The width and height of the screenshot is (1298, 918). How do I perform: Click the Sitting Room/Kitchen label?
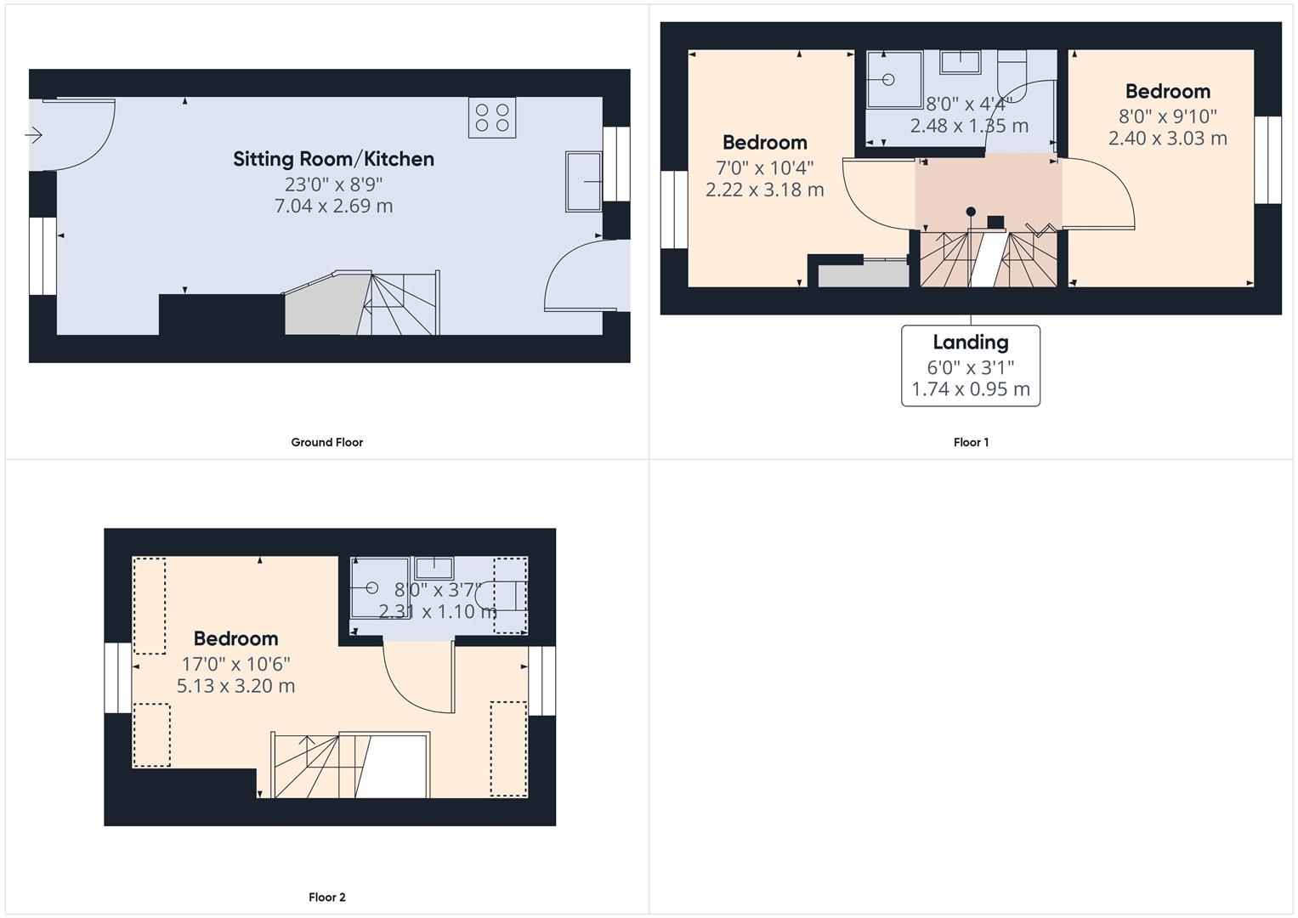click(333, 160)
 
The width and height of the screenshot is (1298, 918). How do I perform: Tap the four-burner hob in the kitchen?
click(492, 117)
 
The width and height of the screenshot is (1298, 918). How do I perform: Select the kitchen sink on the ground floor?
click(583, 181)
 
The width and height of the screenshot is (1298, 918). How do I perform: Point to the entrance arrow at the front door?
click(34, 135)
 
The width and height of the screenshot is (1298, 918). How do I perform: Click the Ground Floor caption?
click(326, 442)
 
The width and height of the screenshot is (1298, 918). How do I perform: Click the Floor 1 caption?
click(971, 442)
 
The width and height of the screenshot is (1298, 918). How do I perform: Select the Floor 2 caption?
click(326, 897)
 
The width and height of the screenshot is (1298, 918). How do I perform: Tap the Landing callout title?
click(971, 343)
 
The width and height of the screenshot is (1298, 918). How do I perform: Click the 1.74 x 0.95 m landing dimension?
click(971, 389)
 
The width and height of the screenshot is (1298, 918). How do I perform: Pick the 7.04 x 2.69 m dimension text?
click(333, 206)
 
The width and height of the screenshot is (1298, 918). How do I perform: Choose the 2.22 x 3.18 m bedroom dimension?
click(764, 190)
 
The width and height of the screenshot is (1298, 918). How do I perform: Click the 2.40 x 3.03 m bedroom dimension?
click(1168, 138)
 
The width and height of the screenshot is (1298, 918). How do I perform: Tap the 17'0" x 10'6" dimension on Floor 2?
click(235, 664)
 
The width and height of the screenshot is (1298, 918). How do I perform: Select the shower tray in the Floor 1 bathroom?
click(894, 79)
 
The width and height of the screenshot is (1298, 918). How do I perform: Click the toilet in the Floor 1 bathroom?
click(1012, 76)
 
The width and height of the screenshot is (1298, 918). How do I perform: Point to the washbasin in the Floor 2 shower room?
click(434, 568)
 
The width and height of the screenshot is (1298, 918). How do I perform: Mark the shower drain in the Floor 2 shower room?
click(372, 587)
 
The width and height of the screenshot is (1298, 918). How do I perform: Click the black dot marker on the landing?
click(971, 212)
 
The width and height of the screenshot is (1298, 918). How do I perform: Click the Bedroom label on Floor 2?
click(235, 638)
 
